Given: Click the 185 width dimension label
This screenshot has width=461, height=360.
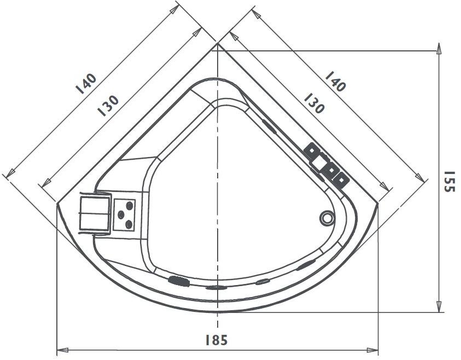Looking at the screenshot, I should [217, 340].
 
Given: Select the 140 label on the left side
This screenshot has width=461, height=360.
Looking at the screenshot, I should [86, 83].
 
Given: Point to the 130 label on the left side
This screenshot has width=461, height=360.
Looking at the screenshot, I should [108, 105].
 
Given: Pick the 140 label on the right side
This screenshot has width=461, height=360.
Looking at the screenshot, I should [335, 81].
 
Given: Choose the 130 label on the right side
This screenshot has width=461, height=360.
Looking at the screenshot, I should [314, 102].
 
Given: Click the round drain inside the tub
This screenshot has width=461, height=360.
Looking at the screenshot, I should [326, 218].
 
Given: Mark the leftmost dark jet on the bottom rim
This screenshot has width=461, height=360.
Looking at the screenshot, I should [178, 281].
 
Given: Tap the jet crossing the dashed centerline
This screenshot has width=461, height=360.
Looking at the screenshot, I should [217, 287].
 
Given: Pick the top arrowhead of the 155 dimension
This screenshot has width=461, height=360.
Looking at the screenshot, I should [439, 48].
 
